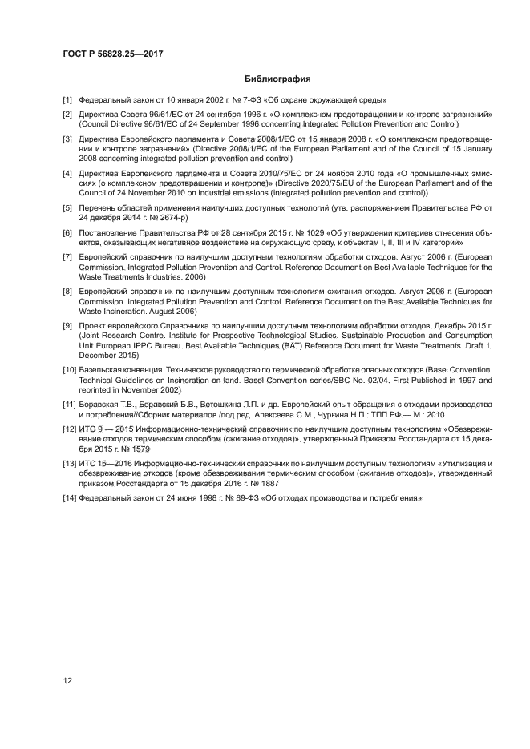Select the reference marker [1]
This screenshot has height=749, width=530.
coord(67,100)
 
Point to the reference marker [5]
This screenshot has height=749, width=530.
coord(67,208)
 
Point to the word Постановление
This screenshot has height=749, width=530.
coord(109,233)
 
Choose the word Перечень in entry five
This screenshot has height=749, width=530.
coord(98,208)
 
